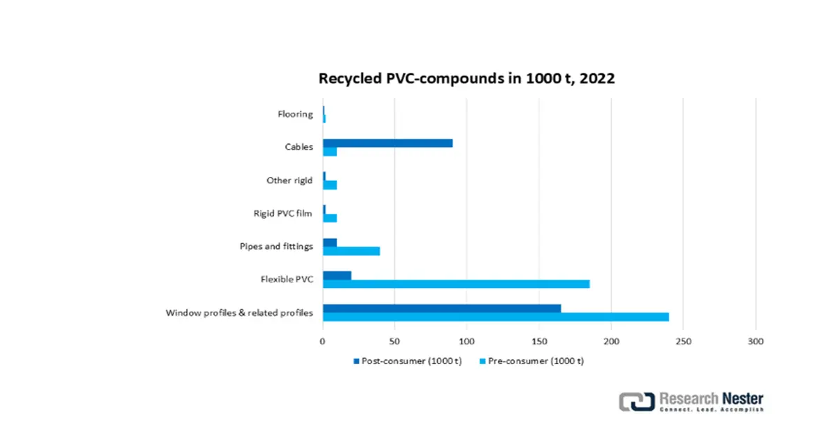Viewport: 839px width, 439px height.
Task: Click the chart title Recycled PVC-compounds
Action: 466,78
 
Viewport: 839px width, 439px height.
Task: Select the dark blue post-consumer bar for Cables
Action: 387,143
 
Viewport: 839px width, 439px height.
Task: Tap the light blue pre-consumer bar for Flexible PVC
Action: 456,284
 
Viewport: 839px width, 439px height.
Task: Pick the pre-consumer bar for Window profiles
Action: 496,317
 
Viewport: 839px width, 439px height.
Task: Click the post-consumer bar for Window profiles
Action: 441,308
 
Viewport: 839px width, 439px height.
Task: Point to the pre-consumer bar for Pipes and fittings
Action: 351,250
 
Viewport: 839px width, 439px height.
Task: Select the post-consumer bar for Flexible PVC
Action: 337,275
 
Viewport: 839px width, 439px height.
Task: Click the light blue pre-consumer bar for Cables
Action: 330,152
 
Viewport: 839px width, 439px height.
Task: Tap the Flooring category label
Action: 295,115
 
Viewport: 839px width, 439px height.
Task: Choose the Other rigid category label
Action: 289,180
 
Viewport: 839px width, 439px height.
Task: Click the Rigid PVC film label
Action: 283,213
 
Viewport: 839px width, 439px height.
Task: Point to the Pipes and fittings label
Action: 276,246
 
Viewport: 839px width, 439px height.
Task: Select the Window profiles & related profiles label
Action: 239,312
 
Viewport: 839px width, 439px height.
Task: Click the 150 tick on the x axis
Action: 539,342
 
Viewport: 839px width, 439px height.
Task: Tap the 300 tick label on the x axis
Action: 755,342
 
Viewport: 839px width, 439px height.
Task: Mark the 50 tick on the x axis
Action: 395,342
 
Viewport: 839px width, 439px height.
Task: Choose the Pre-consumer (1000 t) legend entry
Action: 531,361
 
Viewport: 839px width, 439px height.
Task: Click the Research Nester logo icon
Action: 636,401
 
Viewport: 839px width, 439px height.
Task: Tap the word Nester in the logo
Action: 743,398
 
